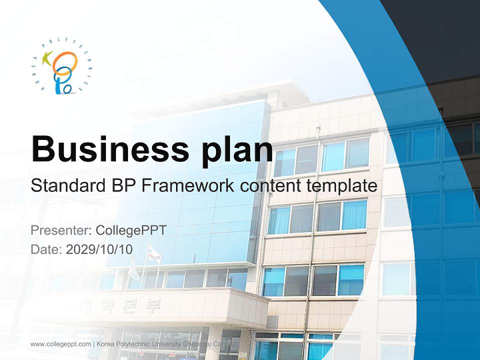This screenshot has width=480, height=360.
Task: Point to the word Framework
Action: click(187, 186)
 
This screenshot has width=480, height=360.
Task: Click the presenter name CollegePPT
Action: click(130, 230)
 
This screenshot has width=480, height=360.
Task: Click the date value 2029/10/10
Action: click(99, 249)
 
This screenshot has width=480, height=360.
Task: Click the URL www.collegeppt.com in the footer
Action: click(60, 344)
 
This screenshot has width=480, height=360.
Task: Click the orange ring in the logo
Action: click(67, 62)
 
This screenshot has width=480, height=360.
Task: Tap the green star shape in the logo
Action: click(47, 59)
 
